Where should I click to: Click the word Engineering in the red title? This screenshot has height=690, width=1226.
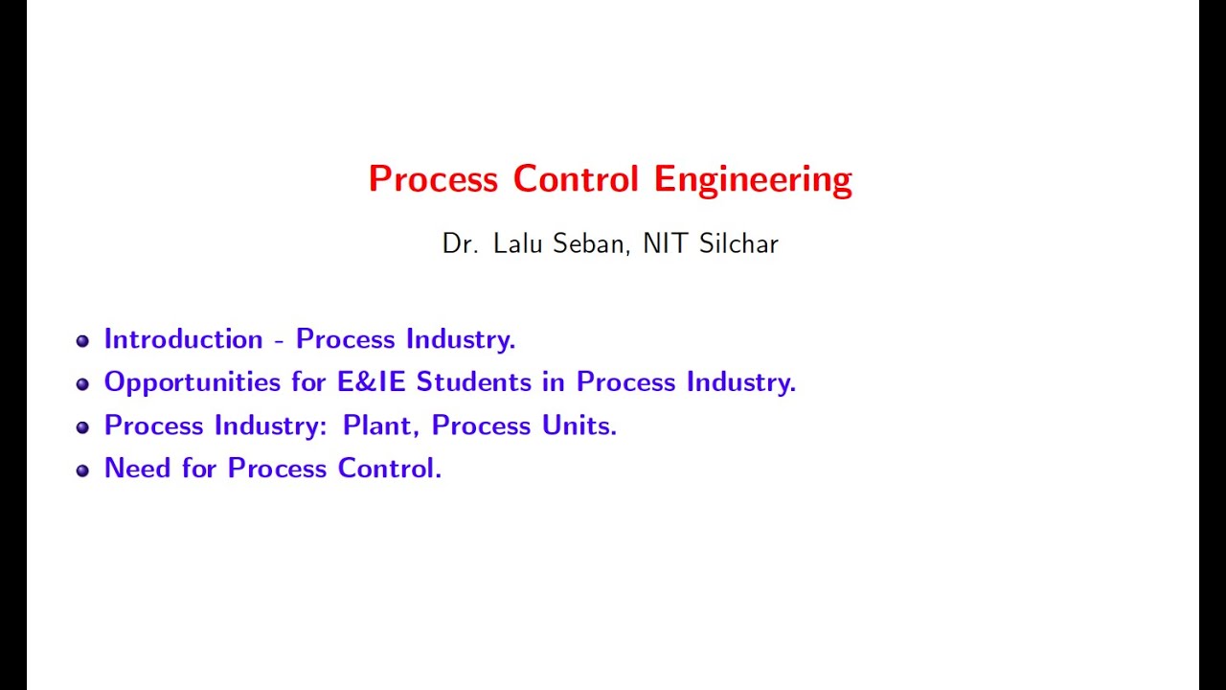(753, 180)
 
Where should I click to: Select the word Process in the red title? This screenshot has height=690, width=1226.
(433, 180)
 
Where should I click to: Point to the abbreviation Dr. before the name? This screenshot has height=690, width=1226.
(460, 243)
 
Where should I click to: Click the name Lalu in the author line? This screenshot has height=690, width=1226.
(518, 243)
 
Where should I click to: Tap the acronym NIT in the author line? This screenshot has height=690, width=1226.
(665, 243)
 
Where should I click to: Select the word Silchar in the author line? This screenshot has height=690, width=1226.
(738, 243)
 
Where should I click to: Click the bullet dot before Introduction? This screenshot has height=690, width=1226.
(82, 341)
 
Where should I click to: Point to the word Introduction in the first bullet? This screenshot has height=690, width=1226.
(183, 339)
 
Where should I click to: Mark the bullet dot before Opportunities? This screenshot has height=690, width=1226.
(82, 384)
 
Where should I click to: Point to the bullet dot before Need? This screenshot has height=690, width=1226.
(82, 471)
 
